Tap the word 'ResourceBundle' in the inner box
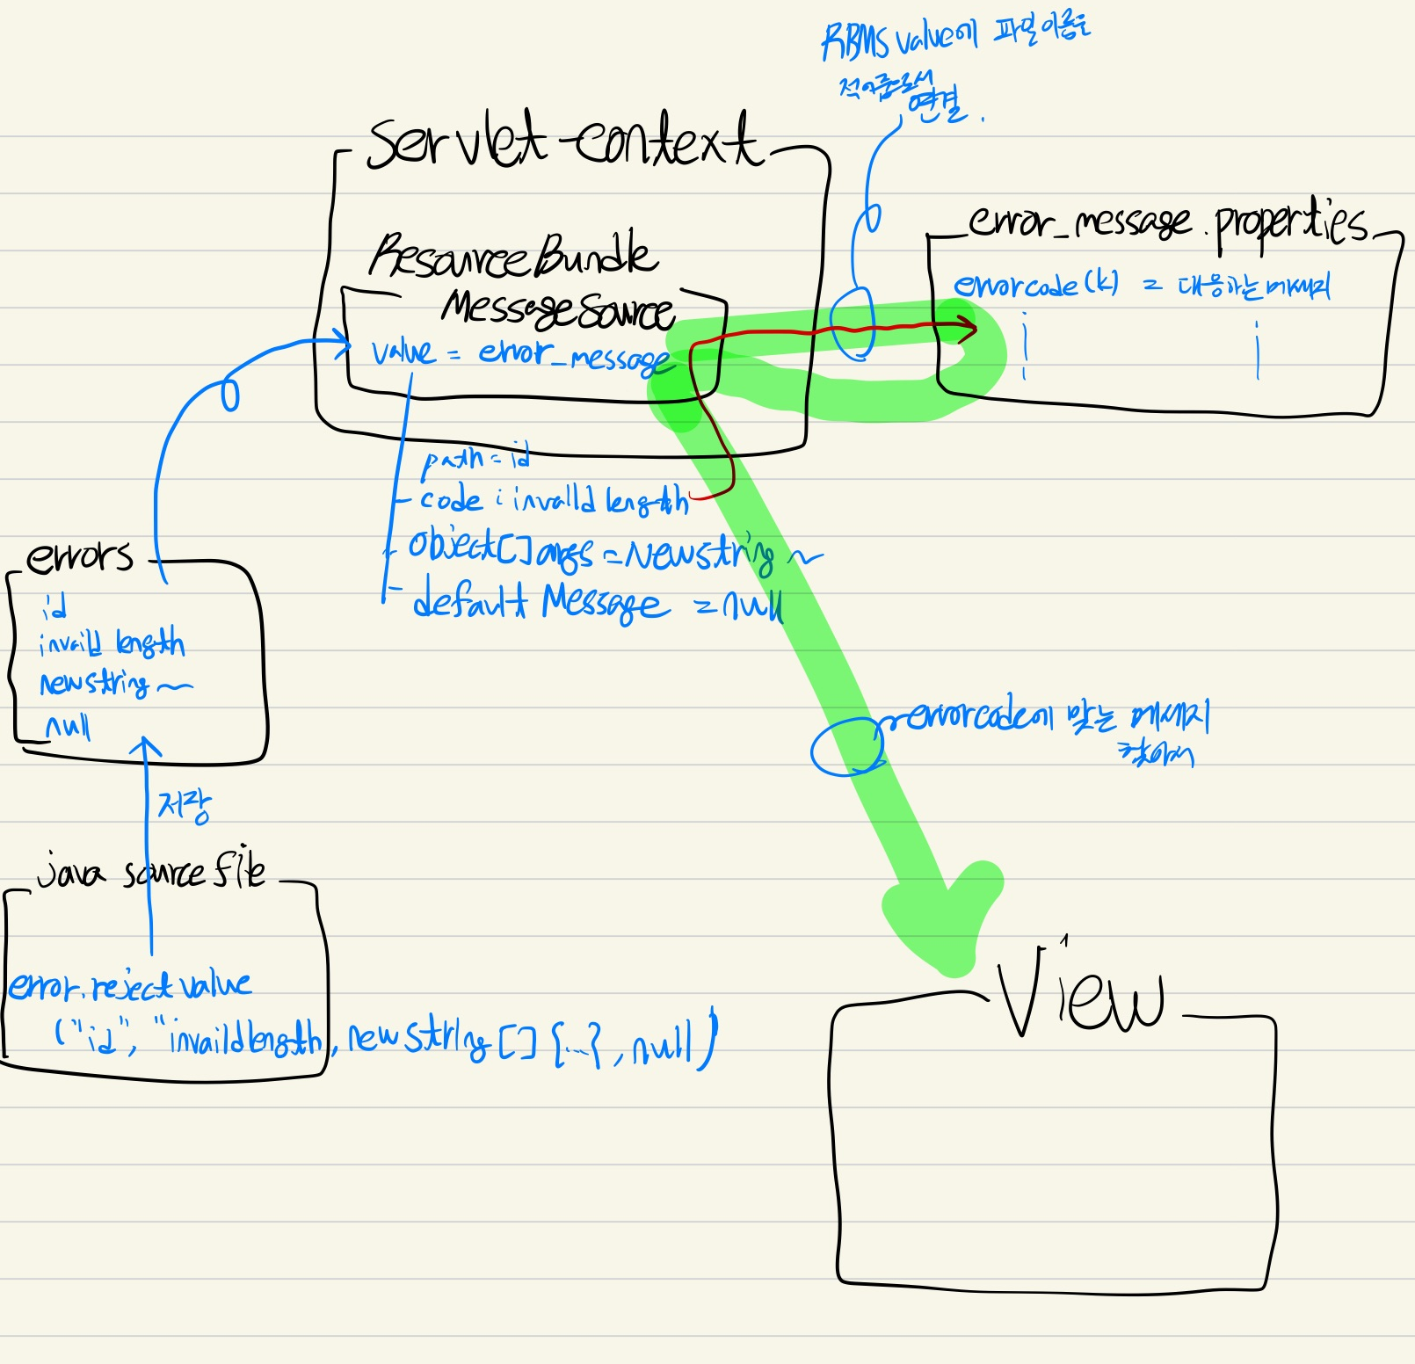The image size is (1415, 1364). click(x=512, y=255)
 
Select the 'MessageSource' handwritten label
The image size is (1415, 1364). click(x=557, y=309)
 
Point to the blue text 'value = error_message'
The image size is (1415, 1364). click(x=519, y=354)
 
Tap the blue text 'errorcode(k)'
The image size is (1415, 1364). click(x=1036, y=285)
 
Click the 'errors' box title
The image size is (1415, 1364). click(x=79, y=557)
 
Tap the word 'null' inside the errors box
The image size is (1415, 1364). click(x=68, y=726)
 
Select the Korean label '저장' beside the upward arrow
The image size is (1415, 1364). click(x=184, y=805)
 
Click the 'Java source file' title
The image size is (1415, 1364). click(x=150, y=873)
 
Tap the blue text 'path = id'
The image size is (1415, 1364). click(x=475, y=458)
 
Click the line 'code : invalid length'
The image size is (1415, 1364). click(x=554, y=500)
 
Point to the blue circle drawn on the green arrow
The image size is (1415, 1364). click(x=846, y=746)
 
